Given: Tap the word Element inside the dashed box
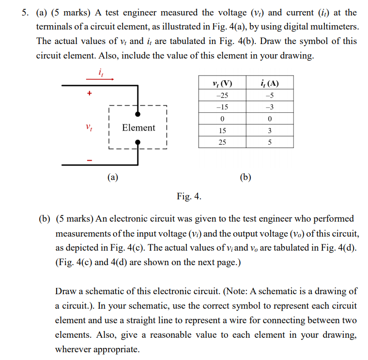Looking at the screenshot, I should pyautogui.click(x=138, y=128).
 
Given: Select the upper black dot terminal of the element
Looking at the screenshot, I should pyautogui.click(x=138, y=115).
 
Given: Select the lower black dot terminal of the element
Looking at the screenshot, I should pyautogui.click(x=138, y=142).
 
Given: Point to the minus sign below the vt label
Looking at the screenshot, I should pyautogui.click(x=89, y=160).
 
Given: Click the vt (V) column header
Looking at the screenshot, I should pyautogui.click(x=222, y=83).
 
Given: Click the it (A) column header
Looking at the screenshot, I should pyautogui.click(x=269, y=83).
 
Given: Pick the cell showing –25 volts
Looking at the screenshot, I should pyautogui.click(x=222, y=95).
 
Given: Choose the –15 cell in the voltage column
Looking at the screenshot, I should pyautogui.click(x=222, y=107).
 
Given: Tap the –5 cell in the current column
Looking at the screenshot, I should pyautogui.click(x=269, y=95).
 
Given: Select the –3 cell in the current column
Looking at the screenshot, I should pyautogui.click(x=269, y=107).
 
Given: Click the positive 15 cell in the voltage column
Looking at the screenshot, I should pyautogui.click(x=222, y=131).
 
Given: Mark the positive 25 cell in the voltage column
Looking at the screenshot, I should pyautogui.click(x=222, y=142).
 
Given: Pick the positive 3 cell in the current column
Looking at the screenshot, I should pyautogui.click(x=269, y=131).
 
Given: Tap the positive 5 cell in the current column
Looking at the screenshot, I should pyautogui.click(x=269, y=142).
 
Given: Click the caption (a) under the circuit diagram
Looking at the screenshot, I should pyautogui.click(x=112, y=177).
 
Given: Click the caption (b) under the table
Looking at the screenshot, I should pyautogui.click(x=245, y=177).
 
